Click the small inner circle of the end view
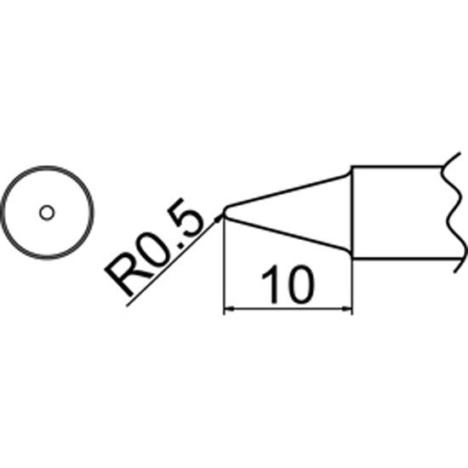click(x=47, y=213)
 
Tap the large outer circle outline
click(x=47, y=167)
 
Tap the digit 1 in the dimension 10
click(x=270, y=284)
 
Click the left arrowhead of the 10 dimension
click(x=228, y=310)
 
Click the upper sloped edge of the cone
click(x=287, y=190)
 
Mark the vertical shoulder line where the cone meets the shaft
click(x=352, y=211)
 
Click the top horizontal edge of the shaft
click(x=397, y=166)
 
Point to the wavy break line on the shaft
click(x=453, y=213)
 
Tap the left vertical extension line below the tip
click(x=224, y=265)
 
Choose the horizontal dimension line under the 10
click(x=288, y=310)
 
